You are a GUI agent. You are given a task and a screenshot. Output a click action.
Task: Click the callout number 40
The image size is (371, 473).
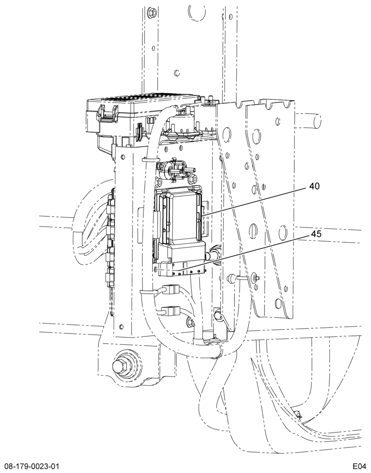[314, 186]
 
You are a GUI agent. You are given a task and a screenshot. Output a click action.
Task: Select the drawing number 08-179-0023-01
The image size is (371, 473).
[30, 465]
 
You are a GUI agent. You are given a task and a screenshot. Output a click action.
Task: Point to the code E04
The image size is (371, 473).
[360, 465]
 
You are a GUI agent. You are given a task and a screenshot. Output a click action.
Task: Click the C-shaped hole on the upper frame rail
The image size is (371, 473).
[177, 72]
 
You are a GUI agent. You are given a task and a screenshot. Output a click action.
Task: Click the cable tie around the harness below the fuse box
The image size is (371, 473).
[150, 159]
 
